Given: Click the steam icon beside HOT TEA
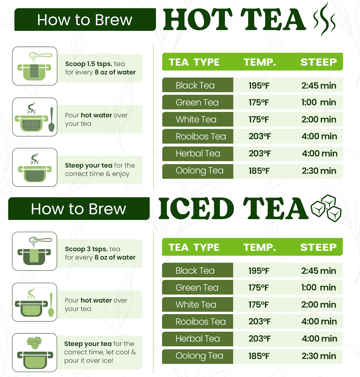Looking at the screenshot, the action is [x=325, y=19].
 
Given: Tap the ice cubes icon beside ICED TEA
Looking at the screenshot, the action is [x=326, y=208].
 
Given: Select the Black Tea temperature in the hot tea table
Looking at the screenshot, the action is [x=259, y=85].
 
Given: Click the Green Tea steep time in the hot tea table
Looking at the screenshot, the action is [x=319, y=102].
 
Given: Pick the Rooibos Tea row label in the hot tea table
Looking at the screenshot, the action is [x=201, y=136].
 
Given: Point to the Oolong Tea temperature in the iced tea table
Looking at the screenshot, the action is [x=259, y=356].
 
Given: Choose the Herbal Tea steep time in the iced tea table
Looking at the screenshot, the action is [x=319, y=339].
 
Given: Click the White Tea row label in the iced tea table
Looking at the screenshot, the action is [x=196, y=304].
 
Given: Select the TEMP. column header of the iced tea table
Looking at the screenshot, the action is [x=260, y=247].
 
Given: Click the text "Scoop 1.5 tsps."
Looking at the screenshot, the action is [x=89, y=64].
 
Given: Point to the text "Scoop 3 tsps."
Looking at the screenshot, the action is [x=86, y=249].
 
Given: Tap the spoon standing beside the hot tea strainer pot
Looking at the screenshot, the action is [x=51, y=119].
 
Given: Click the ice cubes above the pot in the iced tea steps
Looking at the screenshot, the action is [x=34, y=343].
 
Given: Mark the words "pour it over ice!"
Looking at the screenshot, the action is [x=89, y=361].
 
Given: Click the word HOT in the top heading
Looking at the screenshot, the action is [x=198, y=19].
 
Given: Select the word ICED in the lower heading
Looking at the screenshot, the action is [x=196, y=209].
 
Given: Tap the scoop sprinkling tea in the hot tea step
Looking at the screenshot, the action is [x=40, y=57].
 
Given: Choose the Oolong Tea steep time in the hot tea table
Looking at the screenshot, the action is [x=319, y=171].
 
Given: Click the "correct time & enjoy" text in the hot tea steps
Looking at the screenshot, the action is [x=97, y=174].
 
